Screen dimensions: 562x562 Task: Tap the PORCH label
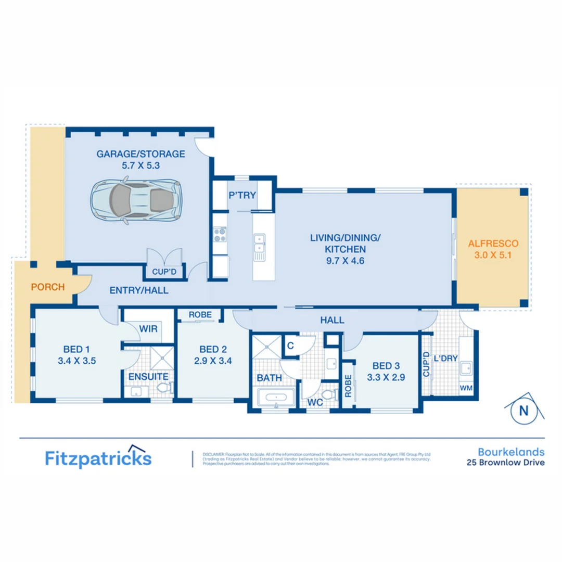click(x=47, y=287)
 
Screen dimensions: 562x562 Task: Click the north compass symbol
click(x=523, y=409)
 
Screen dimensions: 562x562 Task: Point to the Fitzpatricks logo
click(x=98, y=458)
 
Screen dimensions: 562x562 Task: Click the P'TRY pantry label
click(x=242, y=196)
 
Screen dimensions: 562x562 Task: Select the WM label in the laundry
click(x=466, y=389)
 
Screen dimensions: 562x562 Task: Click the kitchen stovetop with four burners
click(x=220, y=235)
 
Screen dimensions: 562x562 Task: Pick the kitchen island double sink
click(x=259, y=245)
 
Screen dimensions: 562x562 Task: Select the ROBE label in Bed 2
click(x=199, y=315)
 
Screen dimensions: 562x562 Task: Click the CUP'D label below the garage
click(x=163, y=272)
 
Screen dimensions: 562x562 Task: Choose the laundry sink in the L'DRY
click(x=465, y=367)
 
